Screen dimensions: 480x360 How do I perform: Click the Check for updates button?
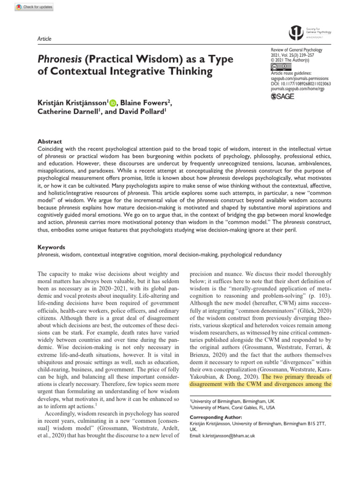point(34,7)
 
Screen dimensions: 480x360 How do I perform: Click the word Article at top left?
point(44,39)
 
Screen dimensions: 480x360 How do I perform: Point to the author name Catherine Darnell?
point(68,113)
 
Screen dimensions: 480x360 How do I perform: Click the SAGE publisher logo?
point(284,97)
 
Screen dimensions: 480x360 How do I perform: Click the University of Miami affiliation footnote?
point(232,408)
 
